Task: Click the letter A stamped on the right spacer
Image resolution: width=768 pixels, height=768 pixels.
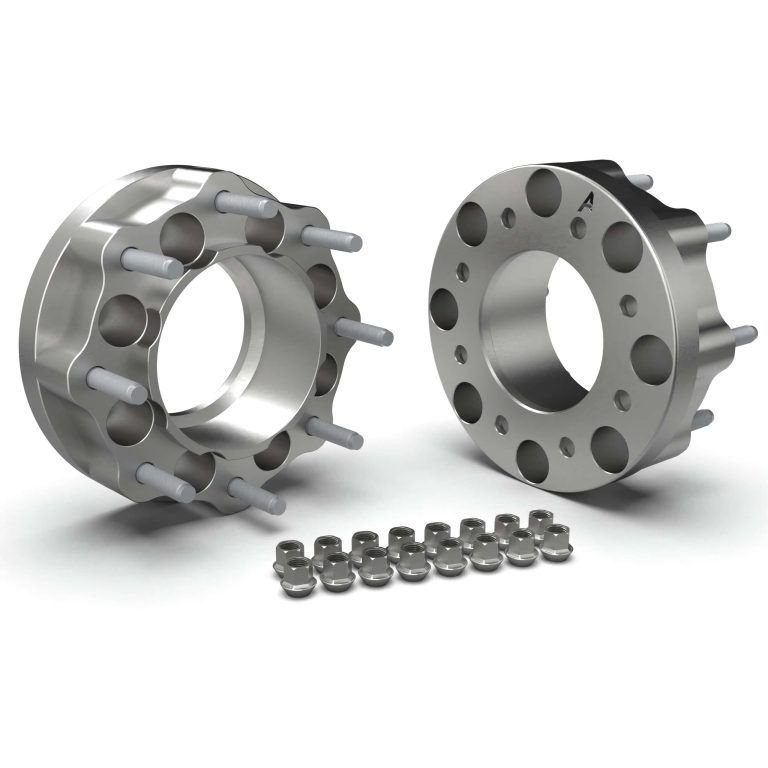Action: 587,202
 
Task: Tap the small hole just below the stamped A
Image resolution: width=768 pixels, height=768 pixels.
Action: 577,229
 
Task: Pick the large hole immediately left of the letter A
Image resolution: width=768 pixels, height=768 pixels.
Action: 544,188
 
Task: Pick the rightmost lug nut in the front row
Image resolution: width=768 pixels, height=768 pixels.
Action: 553,548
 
